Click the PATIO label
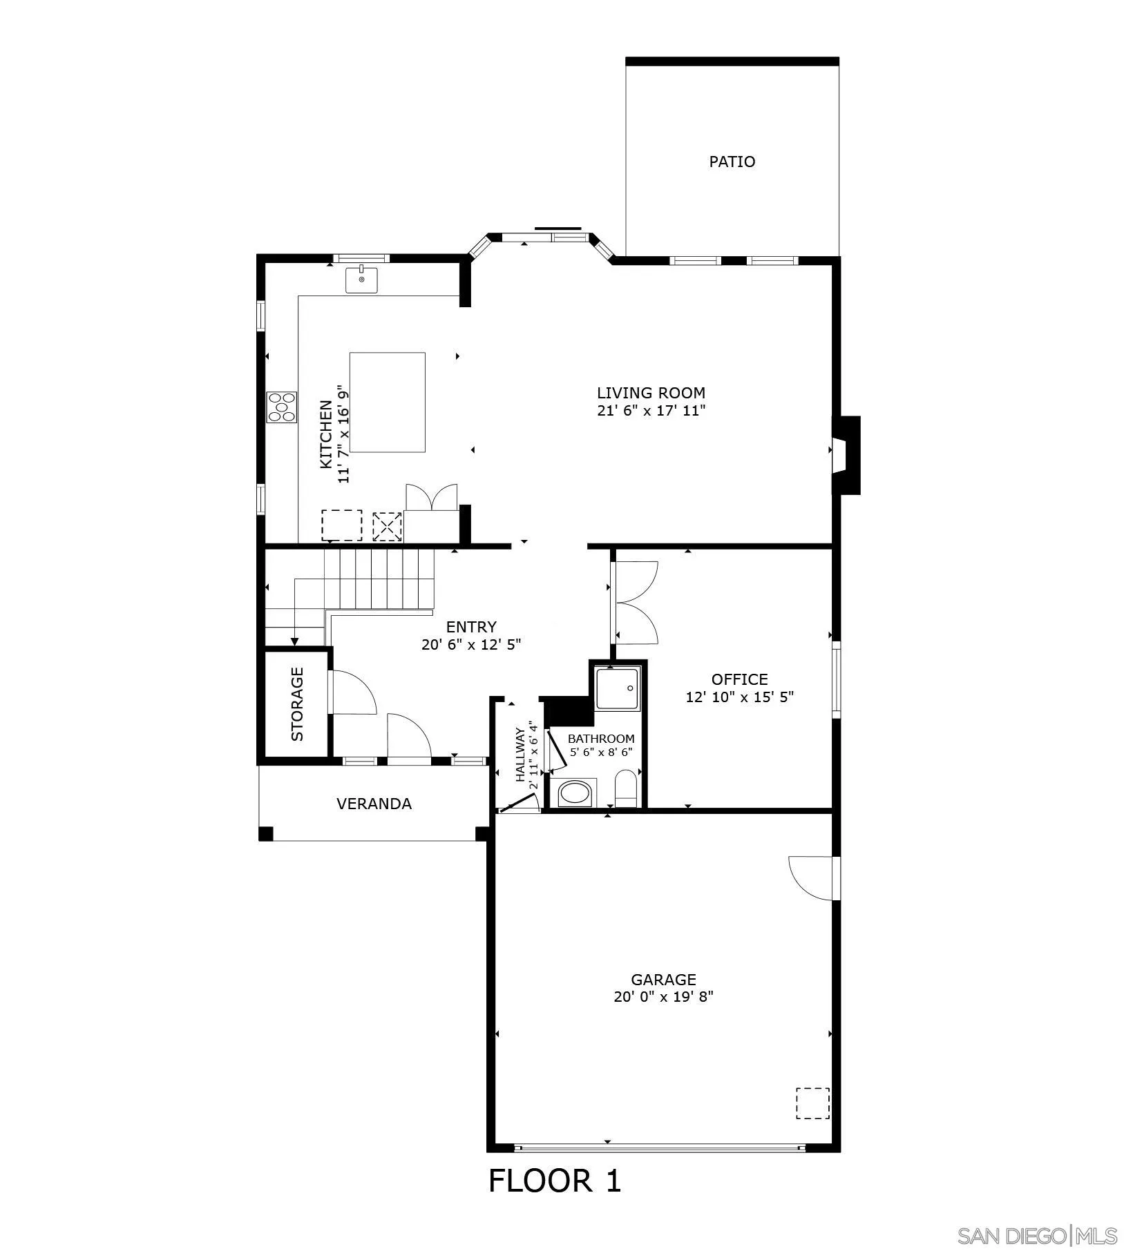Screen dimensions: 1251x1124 click(732, 162)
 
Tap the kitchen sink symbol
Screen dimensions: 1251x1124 click(361, 280)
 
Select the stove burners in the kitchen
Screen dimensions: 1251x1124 click(282, 407)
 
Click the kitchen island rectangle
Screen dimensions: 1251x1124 click(387, 402)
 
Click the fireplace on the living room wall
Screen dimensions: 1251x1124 click(845, 455)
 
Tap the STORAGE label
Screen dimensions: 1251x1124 click(297, 704)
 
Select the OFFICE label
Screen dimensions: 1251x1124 click(739, 679)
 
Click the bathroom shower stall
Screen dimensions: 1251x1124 click(618, 688)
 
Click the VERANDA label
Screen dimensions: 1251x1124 click(374, 804)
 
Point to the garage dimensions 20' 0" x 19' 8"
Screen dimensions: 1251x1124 click(663, 997)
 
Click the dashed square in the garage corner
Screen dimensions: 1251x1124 click(812, 1103)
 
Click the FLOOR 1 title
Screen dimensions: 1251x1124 click(555, 1181)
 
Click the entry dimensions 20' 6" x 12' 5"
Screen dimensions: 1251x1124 click(470, 645)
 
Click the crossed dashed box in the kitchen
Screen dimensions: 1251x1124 click(387, 526)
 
